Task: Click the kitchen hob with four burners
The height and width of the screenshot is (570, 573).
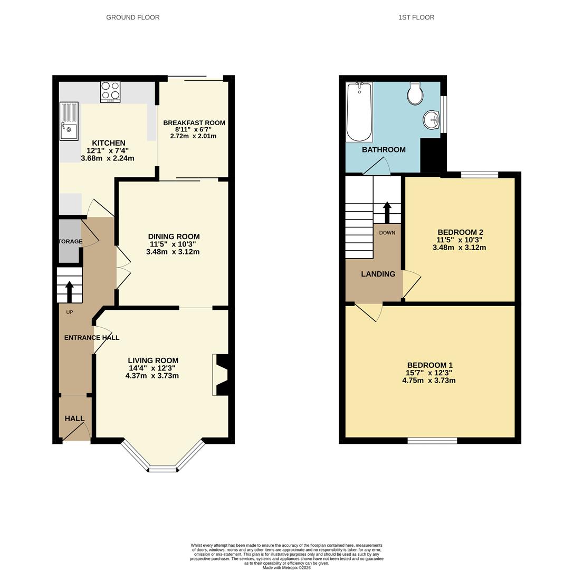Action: pos(110,91)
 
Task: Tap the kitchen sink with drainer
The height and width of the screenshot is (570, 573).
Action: pos(69,121)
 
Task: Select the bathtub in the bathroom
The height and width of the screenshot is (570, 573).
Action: pos(359,112)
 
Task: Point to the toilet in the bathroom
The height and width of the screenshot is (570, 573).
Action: pos(415,94)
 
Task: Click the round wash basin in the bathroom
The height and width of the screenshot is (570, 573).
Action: pos(432,120)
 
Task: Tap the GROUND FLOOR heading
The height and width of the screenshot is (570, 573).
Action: pos(133,17)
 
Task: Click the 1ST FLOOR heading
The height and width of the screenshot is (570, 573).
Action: pos(416,17)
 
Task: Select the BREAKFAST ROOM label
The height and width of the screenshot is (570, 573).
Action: pos(194,123)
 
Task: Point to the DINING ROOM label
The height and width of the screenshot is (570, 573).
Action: pos(174,236)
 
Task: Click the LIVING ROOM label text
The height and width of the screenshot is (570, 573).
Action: pos(153,360)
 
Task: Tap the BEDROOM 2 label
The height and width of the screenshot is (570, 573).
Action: pos(460,232)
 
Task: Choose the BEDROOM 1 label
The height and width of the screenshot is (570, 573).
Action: pos(429,365)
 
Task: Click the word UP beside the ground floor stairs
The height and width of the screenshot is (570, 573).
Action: pos(70,312)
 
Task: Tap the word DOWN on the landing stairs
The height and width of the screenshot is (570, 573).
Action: pos(387,233)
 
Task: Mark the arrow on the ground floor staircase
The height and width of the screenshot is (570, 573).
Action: pos(69,291)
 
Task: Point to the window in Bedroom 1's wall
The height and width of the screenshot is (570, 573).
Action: pos(432,440)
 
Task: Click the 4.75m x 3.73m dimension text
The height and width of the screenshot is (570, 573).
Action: pos(428,381)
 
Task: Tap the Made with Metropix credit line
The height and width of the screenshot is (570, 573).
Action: pos(286,568)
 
